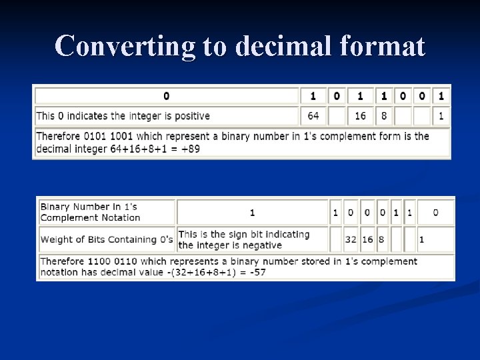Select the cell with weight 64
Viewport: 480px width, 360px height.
(x=313, y=116)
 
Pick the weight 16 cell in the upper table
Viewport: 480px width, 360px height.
(x=360, y=116)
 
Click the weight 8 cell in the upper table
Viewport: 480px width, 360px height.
(x=383, y=116)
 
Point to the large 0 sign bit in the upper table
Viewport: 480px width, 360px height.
(x=166, y=96)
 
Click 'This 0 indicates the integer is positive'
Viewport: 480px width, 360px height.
(x=123, y=116)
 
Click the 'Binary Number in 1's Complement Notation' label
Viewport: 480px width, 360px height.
(x=90, y=212)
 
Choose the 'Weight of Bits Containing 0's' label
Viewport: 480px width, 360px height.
(x=107, y=239)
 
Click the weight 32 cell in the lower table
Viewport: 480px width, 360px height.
(x=351, y=239)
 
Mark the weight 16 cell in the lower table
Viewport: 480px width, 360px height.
(x=367, y=239)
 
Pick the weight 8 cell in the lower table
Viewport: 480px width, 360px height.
(x=382, y=239)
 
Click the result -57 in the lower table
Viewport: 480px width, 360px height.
(x=275, y=273)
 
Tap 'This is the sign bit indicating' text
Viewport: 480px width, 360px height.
(x=243, y=234)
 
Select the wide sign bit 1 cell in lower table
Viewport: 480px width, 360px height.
(x=252, y=213)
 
